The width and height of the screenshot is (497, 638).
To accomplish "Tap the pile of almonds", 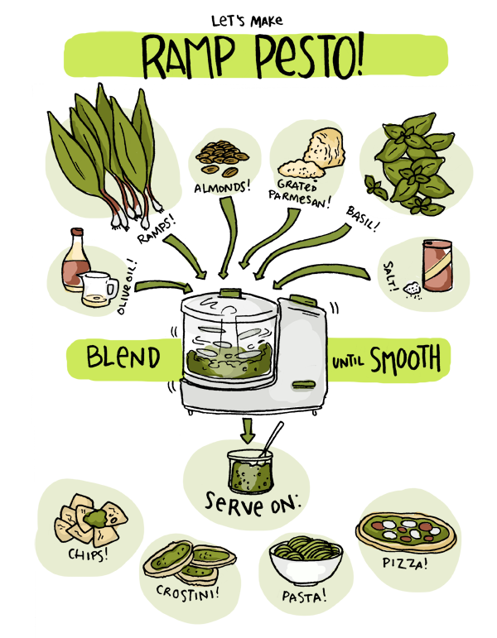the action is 222,157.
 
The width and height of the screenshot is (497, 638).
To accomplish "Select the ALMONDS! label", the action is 222,188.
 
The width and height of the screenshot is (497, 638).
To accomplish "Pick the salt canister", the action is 437,266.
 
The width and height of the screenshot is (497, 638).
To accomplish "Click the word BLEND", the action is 123,357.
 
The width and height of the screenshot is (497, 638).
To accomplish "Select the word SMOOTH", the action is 405,358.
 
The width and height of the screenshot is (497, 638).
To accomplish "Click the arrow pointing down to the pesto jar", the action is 248,430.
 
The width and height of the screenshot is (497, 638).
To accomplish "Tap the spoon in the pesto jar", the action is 273,439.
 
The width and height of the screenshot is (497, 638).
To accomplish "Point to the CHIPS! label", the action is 89,554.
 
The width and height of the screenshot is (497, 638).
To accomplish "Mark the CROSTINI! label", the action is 188,592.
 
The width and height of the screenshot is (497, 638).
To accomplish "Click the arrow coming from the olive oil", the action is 163,286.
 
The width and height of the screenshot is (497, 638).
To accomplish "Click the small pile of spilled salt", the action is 412,289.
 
